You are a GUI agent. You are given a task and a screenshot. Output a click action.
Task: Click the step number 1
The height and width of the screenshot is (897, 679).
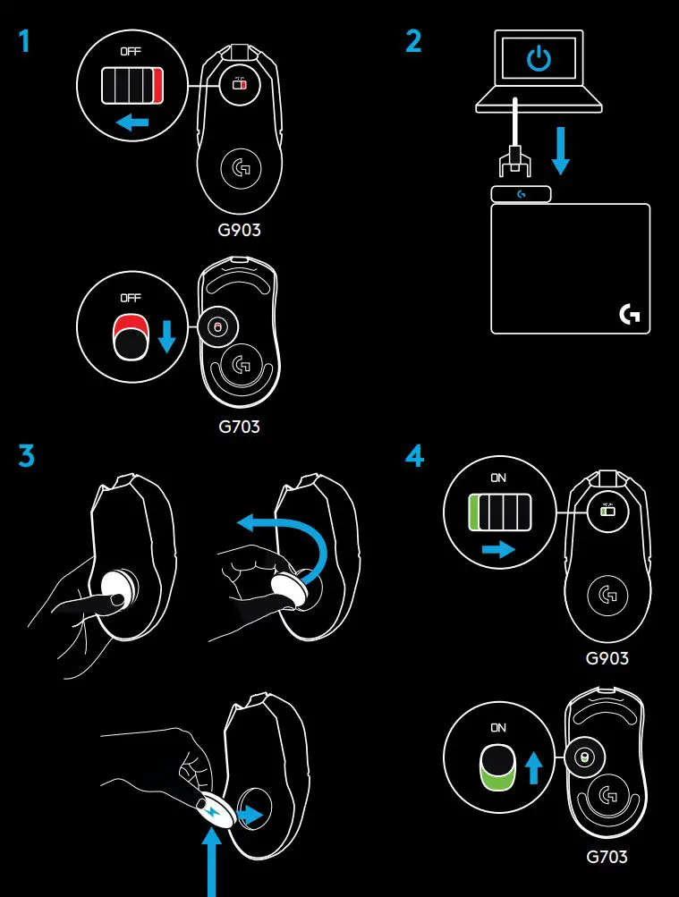click(x=24, y=42)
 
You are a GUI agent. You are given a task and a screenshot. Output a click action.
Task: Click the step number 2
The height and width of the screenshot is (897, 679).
click(x=413, y=42)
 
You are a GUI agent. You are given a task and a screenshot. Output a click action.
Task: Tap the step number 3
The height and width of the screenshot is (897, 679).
click(x=26, y=456)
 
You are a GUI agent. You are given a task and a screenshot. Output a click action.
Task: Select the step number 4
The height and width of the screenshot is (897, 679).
click(x=414, y=456)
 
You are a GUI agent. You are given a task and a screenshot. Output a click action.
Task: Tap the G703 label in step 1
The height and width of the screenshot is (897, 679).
click(x=239, y=427)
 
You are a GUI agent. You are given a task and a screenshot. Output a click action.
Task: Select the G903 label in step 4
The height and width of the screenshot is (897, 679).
click(x=607, y=659)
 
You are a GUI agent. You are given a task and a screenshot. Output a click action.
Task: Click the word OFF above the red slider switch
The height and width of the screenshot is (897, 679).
click(x=132, y=52)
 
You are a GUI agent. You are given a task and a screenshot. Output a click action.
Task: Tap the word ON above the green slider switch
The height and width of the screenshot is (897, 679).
click(x=498, y=478)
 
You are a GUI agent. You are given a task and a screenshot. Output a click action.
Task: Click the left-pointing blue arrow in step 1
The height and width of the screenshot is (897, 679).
click(x=133, y=122)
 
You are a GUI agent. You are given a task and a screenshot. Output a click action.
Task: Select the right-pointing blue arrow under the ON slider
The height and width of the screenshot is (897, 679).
click(x=498, y=548)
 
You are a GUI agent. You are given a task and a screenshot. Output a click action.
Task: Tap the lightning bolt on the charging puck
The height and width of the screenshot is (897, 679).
click(x=211, y=812)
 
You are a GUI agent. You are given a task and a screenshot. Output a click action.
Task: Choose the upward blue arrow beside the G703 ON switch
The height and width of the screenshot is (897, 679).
click(x=534, y=766)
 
